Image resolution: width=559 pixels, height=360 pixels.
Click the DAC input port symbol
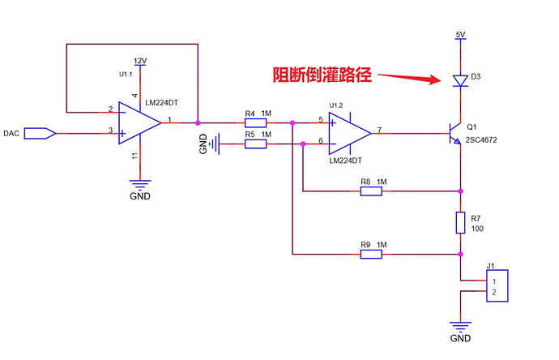click(x=40, y=134)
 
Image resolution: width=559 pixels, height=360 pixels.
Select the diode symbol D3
click(x=460, y=81)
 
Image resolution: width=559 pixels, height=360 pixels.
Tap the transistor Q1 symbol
click(x=454, y=134)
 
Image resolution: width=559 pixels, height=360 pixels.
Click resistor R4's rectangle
click(x=255, y=123)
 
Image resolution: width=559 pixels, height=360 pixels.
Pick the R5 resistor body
click(x=255, y=144)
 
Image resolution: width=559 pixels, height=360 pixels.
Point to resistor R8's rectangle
click(x=371, y=191)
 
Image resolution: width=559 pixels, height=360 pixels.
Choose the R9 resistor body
click(x=371, y=254)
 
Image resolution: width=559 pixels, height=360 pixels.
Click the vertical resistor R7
click(x=460, y=223)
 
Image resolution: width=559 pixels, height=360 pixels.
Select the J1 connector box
click(x=497, y=285)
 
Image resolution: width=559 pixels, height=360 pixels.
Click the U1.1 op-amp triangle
click(x=139, y=123)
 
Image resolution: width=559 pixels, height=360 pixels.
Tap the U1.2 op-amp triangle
click(x=349, y=134)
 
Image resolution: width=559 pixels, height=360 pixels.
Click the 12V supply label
click(x=140, y=61)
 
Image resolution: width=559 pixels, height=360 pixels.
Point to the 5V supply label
click(x=460, y=35)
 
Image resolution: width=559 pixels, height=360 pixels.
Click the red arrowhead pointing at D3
click(x=435, y=79)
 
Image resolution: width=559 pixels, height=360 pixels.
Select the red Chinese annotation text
click(x=322, y=75)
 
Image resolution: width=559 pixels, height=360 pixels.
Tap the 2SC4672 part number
click(x=481, y=139)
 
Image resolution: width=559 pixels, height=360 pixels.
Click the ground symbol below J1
click(x=460, y=326)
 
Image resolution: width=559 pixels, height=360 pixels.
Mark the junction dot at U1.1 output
click(x=198, y=122)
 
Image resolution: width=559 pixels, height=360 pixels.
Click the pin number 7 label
click(x=379, y=130)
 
